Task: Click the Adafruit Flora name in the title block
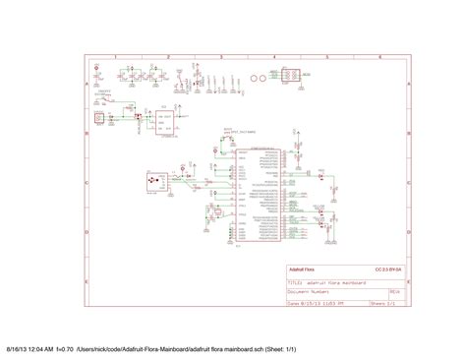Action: pyautogui.click(x=301, y=269)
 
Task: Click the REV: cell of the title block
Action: pyautogui.click(x=393, y=291)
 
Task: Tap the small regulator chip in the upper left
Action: pyautogui.click(x=159, y=119)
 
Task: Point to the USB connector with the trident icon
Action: pyautogui.click(x=151, y=183)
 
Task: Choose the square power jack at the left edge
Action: pyautogui.click(x=99, y=119)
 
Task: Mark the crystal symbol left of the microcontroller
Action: pyautogui.click(x=231, y=183)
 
